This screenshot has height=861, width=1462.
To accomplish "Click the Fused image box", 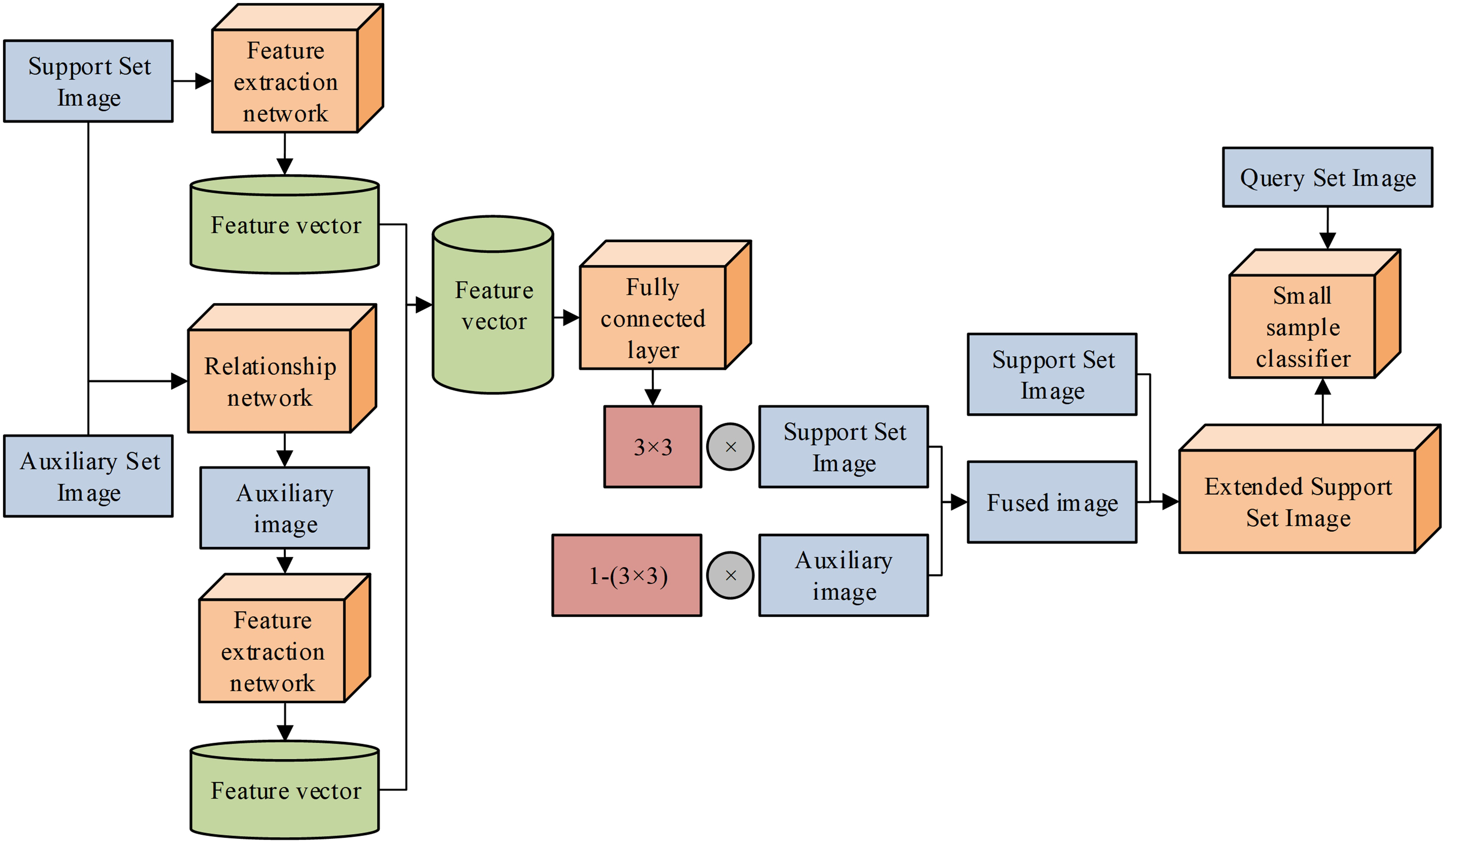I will coord(1051,502).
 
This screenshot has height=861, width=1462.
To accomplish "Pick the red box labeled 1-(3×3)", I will coord(626,575).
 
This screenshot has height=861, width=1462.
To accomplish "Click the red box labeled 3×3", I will coord(653,447).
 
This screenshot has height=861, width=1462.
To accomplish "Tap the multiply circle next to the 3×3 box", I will coord(731,447).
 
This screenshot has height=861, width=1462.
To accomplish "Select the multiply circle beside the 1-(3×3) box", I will coord(731,575).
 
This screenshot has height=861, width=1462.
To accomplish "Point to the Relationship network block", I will coord(270,382).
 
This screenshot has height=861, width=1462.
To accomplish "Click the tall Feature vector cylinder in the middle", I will coord(493,306).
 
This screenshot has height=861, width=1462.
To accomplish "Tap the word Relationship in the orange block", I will coord(270,367).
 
